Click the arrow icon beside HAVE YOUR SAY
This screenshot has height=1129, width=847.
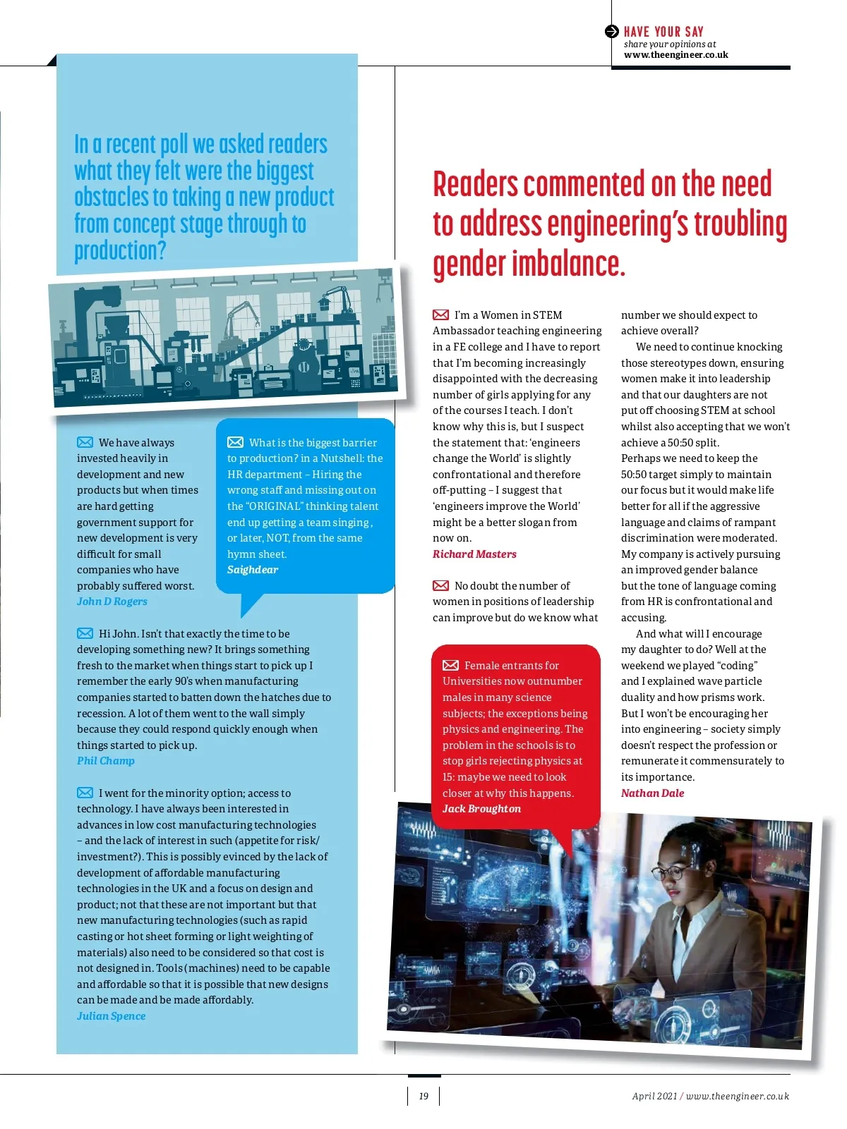[612, 32]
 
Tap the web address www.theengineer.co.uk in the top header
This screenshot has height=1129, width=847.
[675, 55]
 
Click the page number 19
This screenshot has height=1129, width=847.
[423, 1096]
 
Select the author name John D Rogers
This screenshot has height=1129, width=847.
[112, 602]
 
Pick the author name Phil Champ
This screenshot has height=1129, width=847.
[106, 761]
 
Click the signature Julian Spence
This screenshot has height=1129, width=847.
[112, 1016]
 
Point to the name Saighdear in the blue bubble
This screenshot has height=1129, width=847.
[253, 570]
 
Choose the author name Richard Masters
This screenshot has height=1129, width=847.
[474, 554]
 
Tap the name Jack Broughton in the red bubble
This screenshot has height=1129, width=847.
[481, 809]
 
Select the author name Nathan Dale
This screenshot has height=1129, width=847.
[652, 793]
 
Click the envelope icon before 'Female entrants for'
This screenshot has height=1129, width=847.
[450, 665]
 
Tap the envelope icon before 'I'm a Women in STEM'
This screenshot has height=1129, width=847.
[440, 315]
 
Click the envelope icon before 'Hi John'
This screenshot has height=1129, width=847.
[85, 633]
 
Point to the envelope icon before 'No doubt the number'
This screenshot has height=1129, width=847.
[440, 585]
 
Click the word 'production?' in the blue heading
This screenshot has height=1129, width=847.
[120, 250]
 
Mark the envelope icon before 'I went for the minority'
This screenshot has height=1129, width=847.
[85, 793]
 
